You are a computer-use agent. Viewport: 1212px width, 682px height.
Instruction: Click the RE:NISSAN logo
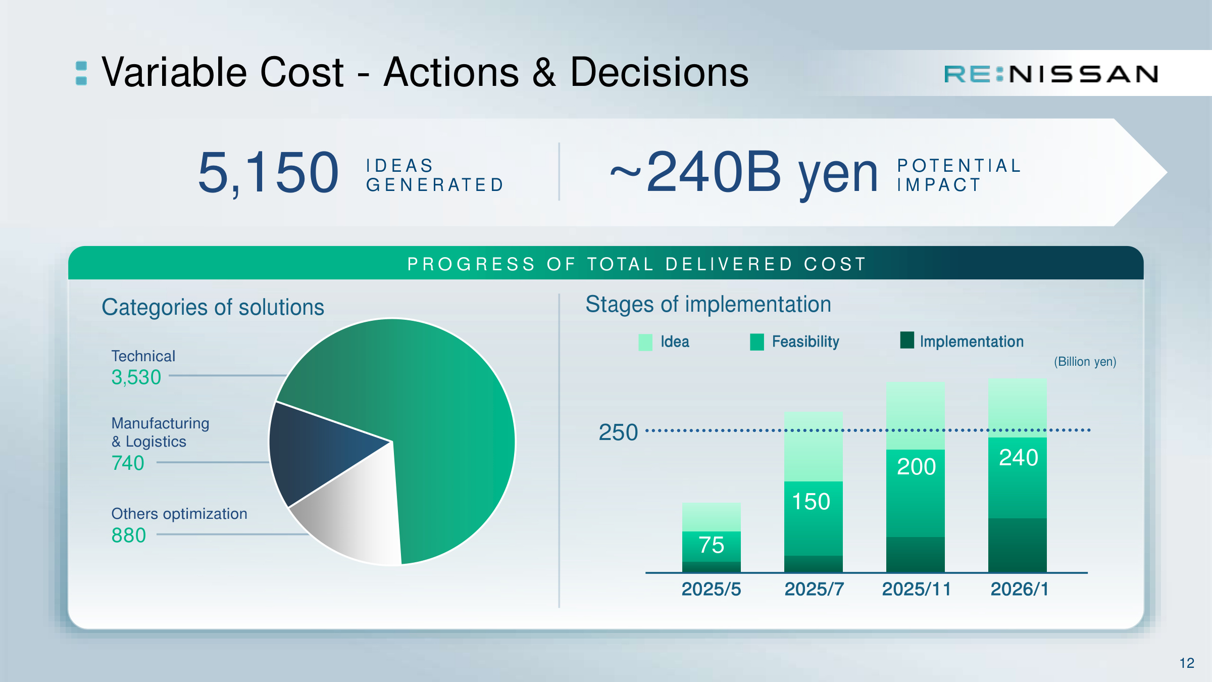click(1051, 74)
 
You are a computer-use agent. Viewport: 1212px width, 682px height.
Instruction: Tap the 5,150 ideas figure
click(268, 173)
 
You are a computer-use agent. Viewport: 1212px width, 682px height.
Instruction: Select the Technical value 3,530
click(136, 377)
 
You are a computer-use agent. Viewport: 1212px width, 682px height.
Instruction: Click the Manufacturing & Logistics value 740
click(128, 463)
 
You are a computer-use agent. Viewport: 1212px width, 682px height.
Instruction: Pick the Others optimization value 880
click(129, 535)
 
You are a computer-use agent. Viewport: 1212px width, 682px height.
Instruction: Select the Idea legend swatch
click(645, 342)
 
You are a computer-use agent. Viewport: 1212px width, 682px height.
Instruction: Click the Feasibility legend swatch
click(757, 342)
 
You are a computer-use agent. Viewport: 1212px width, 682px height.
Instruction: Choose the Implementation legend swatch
click(907, 340)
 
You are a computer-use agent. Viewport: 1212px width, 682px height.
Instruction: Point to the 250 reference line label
click(618, 432)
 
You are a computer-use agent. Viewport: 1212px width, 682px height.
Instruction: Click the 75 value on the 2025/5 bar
click(712, 545)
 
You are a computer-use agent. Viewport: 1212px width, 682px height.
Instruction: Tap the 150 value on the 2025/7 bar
click(811, 502)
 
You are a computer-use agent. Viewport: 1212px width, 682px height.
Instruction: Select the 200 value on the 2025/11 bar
click(917, 466)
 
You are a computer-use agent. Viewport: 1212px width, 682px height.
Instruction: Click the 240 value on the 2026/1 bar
click(1019, 458)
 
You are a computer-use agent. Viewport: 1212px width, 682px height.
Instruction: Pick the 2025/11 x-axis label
click(916, 589)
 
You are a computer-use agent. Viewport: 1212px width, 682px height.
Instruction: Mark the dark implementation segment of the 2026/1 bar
click(1018, 545)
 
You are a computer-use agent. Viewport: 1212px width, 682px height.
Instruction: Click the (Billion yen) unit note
click(1085, 362)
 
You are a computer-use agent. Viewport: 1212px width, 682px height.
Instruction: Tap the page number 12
click(1187, 663)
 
